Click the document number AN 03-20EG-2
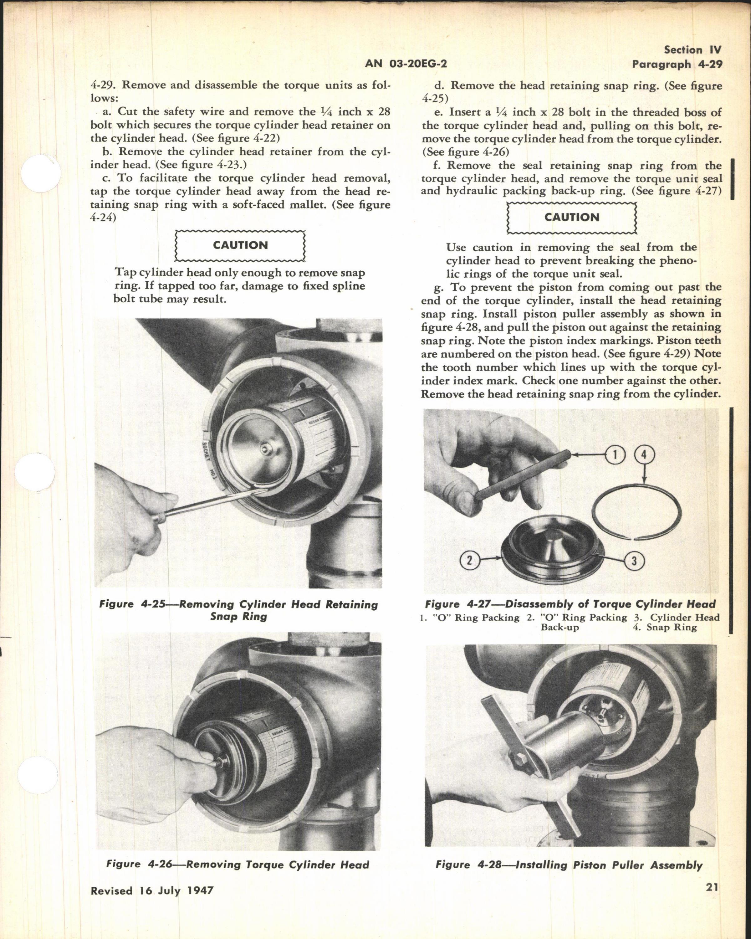point(406,64)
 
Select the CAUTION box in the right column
point(572,217)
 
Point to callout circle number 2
point(469,561)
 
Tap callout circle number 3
point(634,562)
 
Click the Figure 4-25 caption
point(238,610)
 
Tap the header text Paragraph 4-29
point(677,64)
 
